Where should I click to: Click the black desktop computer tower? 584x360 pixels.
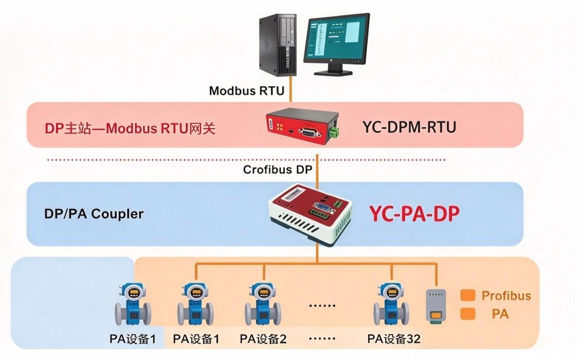[x=278, y=45]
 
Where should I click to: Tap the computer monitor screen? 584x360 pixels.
[x=336, y=39]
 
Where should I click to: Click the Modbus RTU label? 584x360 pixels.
[x=247, y=91]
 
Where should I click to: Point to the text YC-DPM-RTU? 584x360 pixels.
[x=409, y=127]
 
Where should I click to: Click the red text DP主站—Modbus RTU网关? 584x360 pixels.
[x=130, y=128]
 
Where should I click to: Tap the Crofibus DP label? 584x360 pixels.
[x=278, y=170]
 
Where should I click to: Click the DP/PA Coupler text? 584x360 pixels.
[x=94, y=214]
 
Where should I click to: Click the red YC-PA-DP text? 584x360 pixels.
[x=414, y=213]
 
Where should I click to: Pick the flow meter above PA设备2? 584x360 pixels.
[x=263, y=304]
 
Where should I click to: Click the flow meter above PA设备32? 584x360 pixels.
[x=391, y=304]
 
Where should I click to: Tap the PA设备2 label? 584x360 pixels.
[x=263, y=339]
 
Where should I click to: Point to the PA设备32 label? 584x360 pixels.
[x=394, y=339]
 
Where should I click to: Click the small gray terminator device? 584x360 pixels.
[x=436, y=305]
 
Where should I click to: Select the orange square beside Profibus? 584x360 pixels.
[x=468, y=295]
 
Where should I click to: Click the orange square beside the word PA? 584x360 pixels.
[x=468, y=314]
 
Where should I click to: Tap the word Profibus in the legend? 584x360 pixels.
[x=506, y=296]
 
